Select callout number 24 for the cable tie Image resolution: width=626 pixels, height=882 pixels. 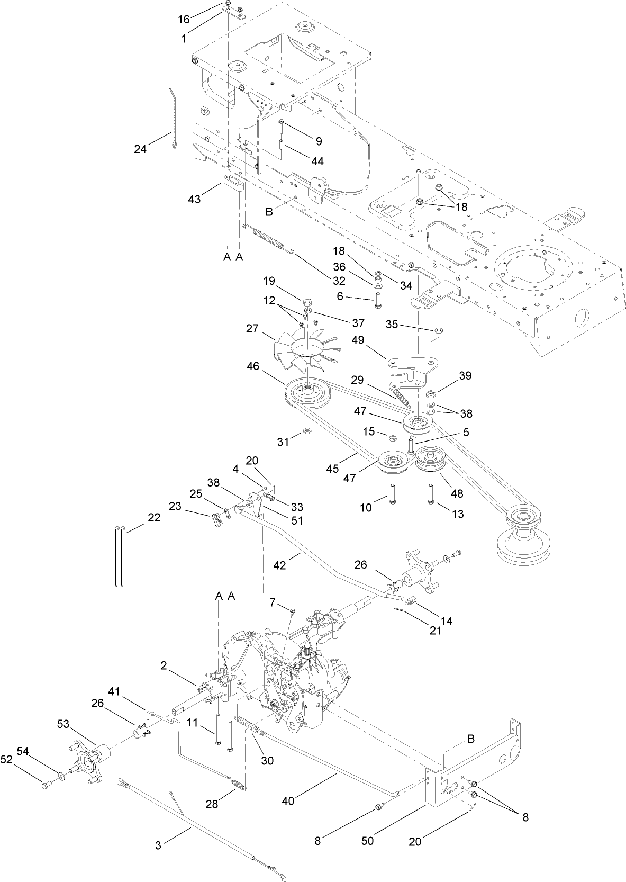click(140, 149)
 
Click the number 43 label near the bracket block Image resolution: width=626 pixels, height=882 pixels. click(195, 200)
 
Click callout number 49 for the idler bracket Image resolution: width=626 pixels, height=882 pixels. click(358, 340)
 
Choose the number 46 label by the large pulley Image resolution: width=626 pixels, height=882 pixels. click(253, 366)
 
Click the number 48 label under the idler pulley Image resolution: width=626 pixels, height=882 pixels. click(457, 493)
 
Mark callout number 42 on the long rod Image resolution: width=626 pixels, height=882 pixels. click(279, 565)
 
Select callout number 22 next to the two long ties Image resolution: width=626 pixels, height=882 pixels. click(154, 518)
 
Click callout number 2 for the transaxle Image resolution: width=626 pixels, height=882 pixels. click(164, 666)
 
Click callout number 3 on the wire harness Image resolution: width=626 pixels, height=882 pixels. click(158, 845)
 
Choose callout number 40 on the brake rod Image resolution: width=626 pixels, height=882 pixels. click(288, 802)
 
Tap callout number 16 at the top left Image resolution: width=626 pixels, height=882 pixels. click(184, 20)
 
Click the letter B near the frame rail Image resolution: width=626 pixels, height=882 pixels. click(269, 212)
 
